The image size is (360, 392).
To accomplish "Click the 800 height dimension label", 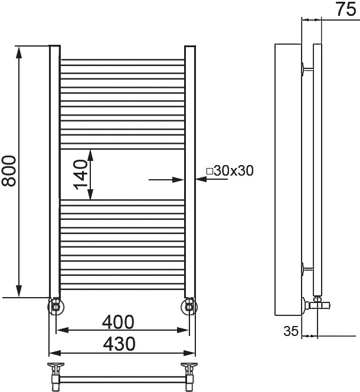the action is [9, 171].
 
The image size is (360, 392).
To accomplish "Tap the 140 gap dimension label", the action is [80, 174].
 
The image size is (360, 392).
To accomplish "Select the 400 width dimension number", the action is [118, 322].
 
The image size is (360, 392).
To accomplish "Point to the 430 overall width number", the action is [119, 344].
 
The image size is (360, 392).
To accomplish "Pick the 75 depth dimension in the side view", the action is [345, 9].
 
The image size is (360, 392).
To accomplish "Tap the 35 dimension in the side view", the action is [291, 331].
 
